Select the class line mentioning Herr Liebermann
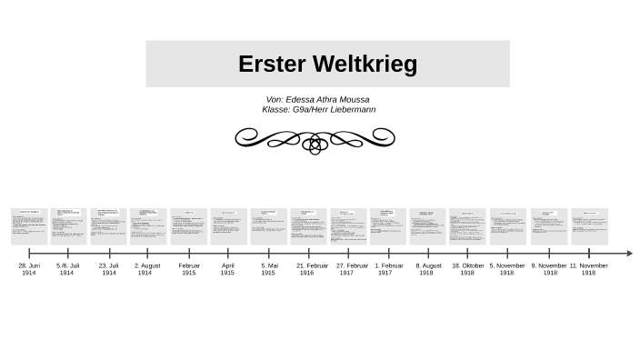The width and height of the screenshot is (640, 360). click(x=318, y=109)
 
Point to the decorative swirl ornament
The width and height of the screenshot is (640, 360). click(x=315, y=139)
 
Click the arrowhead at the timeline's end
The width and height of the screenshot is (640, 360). click(x=628, y=254)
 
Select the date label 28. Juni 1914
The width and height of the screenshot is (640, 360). click(x=29, y=269)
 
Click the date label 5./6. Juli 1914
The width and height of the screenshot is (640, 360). click(x=67, y=269)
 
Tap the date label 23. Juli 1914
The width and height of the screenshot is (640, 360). click(x=109, y=269)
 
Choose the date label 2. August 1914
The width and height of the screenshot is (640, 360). click(x=146, y=269)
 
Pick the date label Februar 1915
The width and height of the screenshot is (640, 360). click(x=188, y=269)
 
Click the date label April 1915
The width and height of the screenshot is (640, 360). click(x=227, y=269)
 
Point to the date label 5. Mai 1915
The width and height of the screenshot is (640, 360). click(x=268, y=269)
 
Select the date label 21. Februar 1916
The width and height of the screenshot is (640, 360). click(x=308, y=269)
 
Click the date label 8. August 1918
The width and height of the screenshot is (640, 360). click(x=427, y=269)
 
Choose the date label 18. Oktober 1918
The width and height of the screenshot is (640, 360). click(x=467, y=269)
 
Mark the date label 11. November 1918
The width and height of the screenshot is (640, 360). click(x=588, y=269)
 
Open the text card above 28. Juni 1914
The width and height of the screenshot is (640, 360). click(x=29, y=226)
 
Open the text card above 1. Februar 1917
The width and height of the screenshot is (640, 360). click(x=388, y=226)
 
